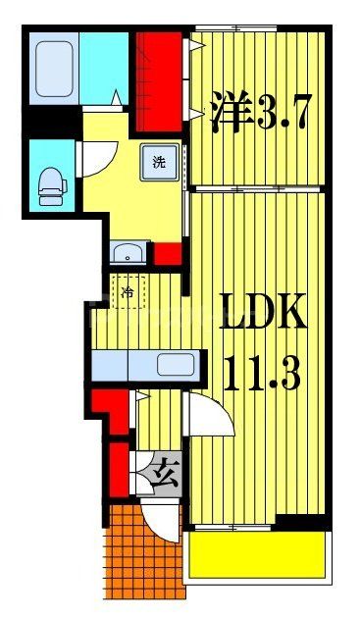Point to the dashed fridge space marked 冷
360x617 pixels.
129,291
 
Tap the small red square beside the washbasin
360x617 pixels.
167,253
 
